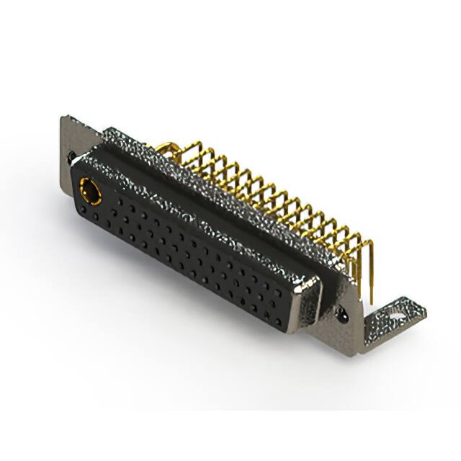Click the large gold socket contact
[91, 190]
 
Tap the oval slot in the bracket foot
[395, 315]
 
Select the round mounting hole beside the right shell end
[341, 315]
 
